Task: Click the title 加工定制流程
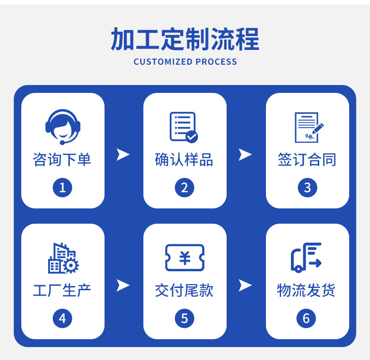point(185,39)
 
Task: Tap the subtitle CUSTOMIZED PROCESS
point(185,61)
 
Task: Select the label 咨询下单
point(62,160)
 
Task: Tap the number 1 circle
point(62,188)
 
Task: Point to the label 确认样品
point(184,160)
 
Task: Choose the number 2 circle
point(185,188)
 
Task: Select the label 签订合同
point(307,160)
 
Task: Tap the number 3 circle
point(307,188)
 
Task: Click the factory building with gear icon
point(63,258)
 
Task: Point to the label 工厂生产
point(62,291)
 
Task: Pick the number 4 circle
point(62,318)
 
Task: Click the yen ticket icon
point(185,257)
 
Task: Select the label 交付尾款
point(184,291)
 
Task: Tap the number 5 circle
point(185,318)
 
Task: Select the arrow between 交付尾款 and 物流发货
point(245,286)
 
